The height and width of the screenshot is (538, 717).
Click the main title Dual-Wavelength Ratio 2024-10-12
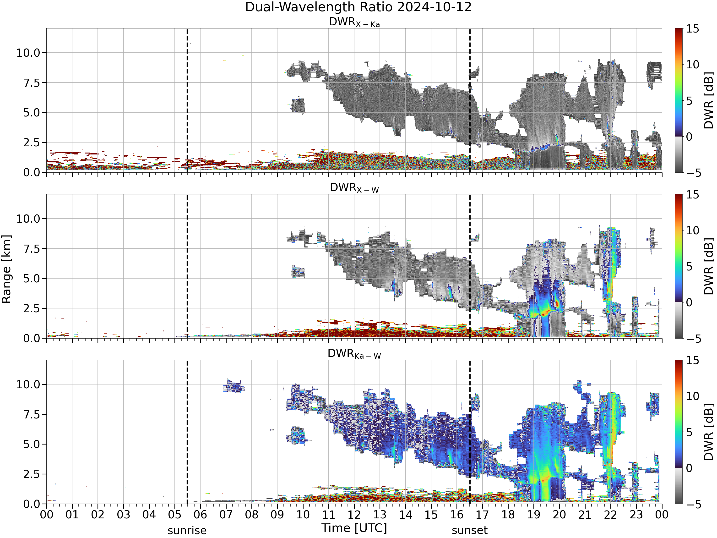(358, 7)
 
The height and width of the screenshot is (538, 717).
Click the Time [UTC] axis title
(354, 528)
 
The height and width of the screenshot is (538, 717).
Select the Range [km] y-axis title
(6, 269)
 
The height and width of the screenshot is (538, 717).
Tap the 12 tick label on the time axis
(354, 515)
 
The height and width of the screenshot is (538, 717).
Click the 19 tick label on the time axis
(533, 515)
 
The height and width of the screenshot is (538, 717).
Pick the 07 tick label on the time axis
(226, 515)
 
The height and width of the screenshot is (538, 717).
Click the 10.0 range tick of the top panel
(28, 53)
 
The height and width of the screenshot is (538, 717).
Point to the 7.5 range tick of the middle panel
(32, 249)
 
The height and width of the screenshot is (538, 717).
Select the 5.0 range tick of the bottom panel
(32, 444)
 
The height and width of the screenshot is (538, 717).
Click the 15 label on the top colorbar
(692, 29)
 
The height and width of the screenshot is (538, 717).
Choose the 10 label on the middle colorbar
(692, 231)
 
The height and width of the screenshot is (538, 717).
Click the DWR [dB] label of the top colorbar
(709, 100)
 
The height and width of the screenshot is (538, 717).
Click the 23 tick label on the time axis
(636, 515)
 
